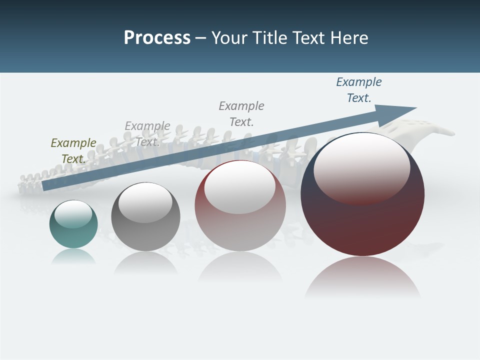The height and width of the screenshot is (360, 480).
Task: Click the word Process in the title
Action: point(157,38)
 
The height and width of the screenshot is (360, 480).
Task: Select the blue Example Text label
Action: point(359,90)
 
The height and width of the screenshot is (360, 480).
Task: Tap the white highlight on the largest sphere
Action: point(361,167)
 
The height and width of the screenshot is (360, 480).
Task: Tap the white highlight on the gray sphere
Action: point(145,202)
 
